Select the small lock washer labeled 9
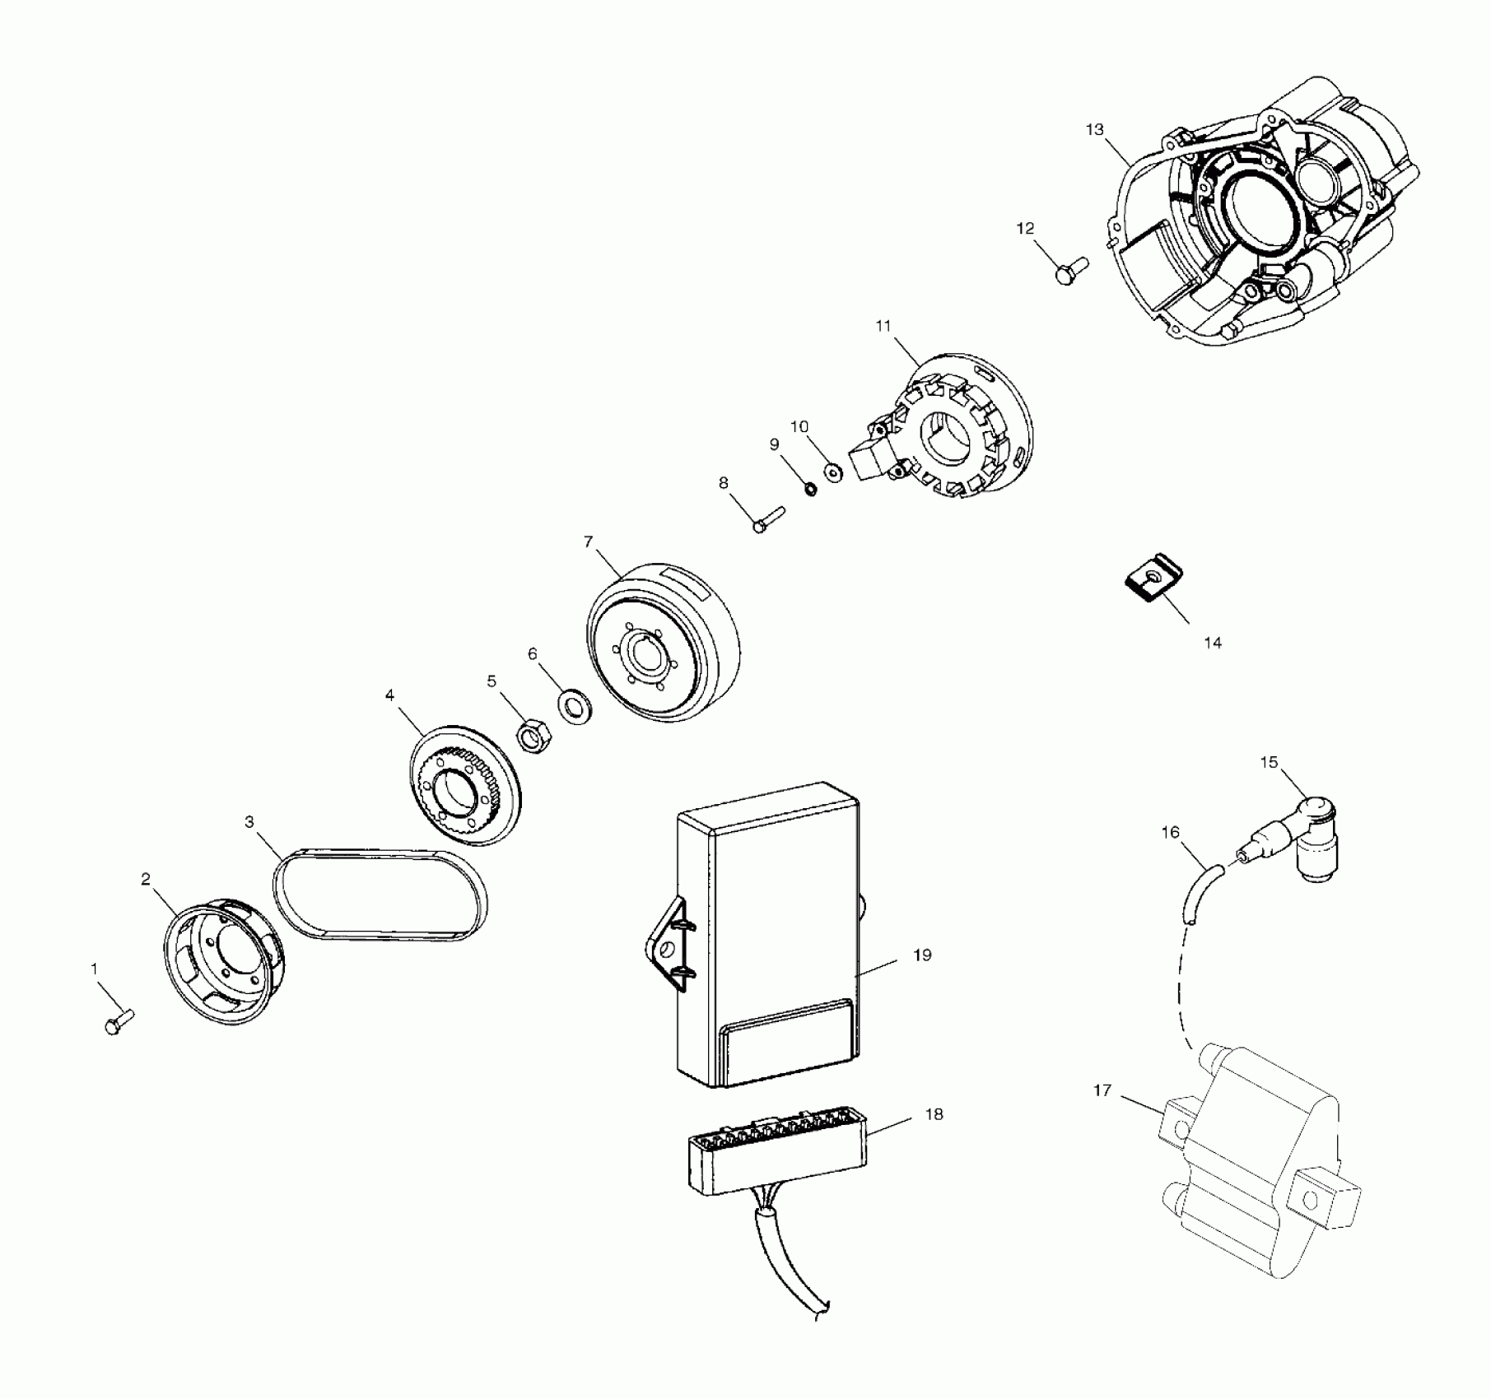point(810,490)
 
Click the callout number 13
point(1094,130)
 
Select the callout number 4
point(389,695)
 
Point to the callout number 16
point(1170,833)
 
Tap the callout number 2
point(146,880)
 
